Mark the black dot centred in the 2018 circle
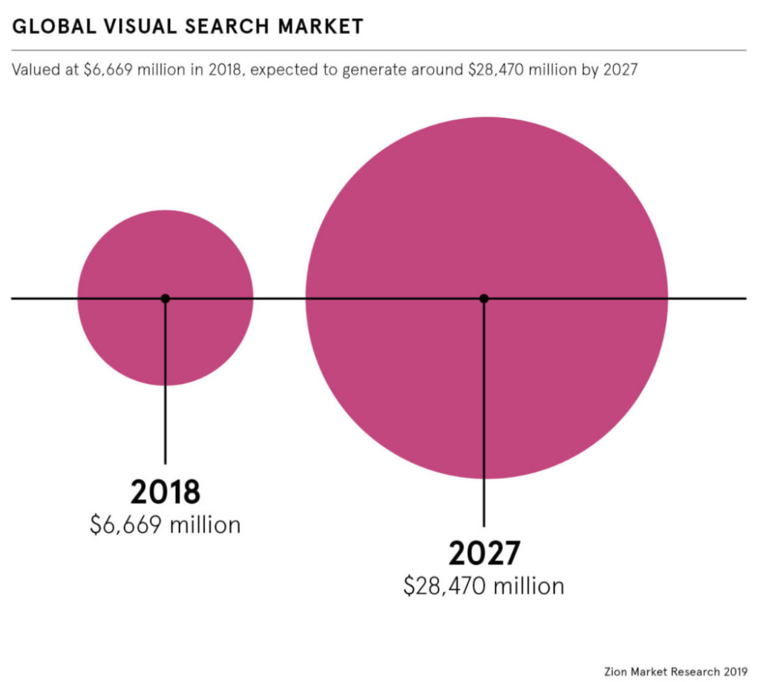[x=166, y=298]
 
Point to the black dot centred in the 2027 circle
[x=484, y=298]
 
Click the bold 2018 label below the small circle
[x=166, y=492]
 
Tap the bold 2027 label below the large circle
[x=484, y=554]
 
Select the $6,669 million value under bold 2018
[x=166, y=525]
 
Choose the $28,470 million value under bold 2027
[x=484, y=586]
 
